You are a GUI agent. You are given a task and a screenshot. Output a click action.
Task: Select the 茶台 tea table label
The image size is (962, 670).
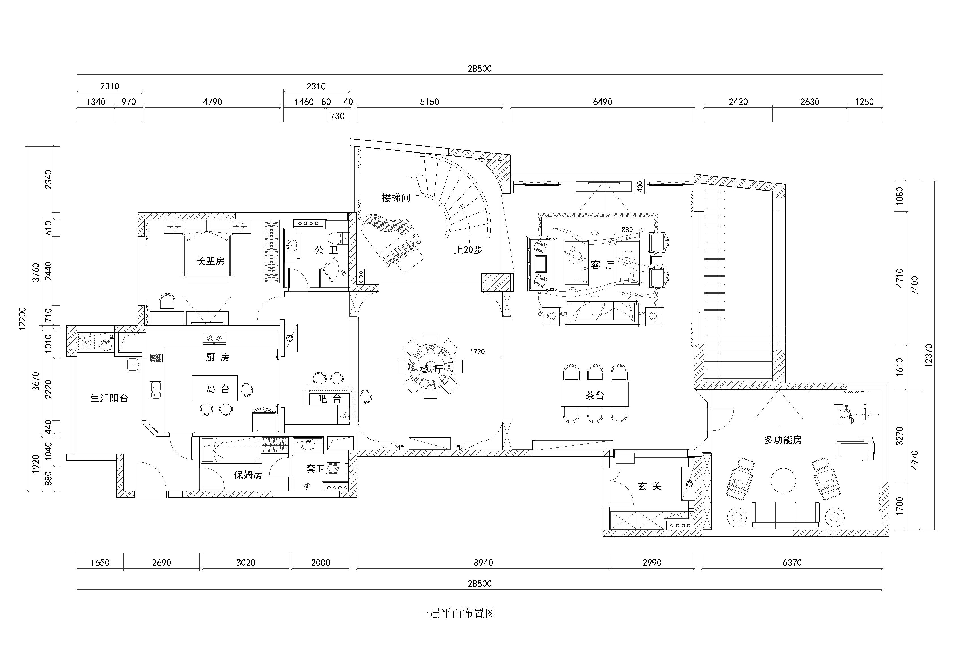tap(595, 395)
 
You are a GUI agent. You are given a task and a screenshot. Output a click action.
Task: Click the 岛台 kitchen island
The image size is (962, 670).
tap(215, 388)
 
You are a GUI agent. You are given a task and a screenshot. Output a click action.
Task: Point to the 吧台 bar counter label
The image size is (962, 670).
tap(330, 399)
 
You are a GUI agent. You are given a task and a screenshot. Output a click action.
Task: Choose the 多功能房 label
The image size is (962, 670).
tap(783, 440)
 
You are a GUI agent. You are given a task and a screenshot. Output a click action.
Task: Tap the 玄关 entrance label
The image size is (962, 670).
tap(649, 486)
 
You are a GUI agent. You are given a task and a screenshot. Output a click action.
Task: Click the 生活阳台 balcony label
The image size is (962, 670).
tap(109, 398)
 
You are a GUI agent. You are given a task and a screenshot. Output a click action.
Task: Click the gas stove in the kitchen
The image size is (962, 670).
tap(214, 339)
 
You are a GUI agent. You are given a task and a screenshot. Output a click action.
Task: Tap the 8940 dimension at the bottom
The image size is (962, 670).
tap(483, 562)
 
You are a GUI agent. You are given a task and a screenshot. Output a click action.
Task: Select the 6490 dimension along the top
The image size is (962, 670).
tap(603, 102)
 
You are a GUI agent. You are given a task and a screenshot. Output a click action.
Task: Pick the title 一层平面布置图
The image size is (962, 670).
tap(457, 614)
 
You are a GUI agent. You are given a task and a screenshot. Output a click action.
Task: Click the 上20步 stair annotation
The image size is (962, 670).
tap(468, 250)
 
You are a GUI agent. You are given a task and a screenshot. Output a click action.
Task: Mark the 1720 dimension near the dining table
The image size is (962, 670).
tap(477, 352)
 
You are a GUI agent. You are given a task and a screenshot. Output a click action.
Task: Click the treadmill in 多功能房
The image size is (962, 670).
tap(855, 449)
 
